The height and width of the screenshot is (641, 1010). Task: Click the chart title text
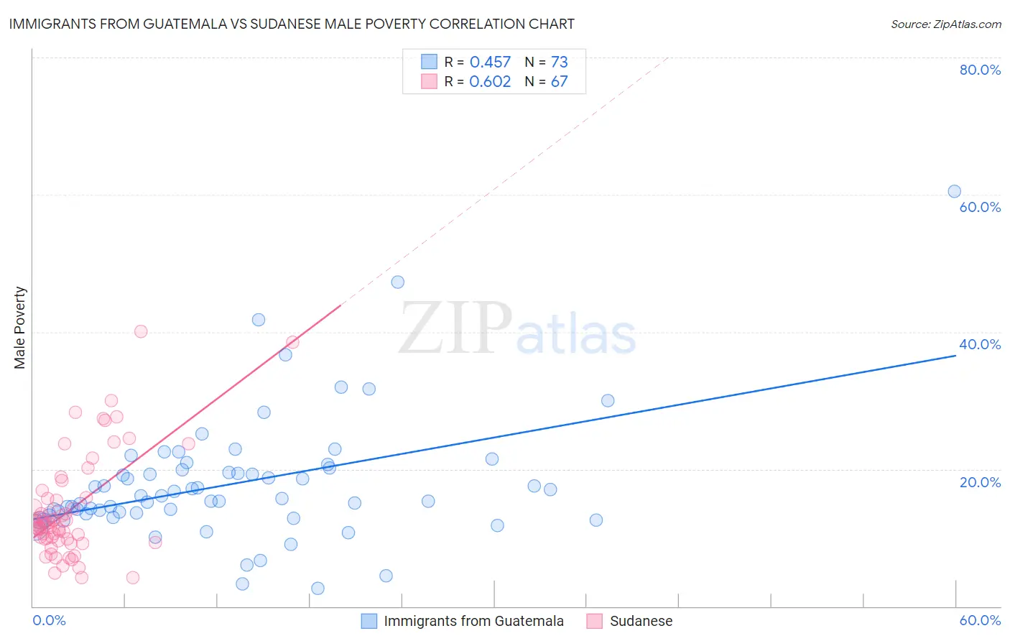[292, 24]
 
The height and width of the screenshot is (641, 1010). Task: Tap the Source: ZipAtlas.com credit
[945, 24]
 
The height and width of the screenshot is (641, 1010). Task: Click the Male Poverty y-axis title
[20, 328]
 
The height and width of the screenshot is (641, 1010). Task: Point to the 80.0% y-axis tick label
[980, 70]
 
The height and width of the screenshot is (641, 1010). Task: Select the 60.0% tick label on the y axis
[980, 207]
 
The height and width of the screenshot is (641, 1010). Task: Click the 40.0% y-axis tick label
[980, 344]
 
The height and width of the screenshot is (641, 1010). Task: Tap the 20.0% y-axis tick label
[980, 482]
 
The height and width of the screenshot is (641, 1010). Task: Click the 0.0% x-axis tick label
[49, 620]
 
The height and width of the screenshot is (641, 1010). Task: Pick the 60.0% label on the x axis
[980, 620]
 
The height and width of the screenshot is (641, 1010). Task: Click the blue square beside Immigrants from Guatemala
[369, 621]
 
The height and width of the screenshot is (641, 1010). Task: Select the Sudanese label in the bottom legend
[641, 621]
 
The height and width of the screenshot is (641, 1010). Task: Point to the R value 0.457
[490, 63]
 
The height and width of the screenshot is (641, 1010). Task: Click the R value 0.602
[490, 82]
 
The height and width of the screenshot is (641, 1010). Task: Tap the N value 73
[559, 63]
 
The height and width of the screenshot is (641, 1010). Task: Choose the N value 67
[559, 82]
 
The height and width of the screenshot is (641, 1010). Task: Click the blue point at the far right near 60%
[954, 191]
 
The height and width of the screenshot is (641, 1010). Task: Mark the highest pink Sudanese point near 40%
[141, 331]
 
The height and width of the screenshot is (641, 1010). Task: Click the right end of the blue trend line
[955, 355]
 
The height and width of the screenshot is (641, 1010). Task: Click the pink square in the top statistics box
[429, 81]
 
